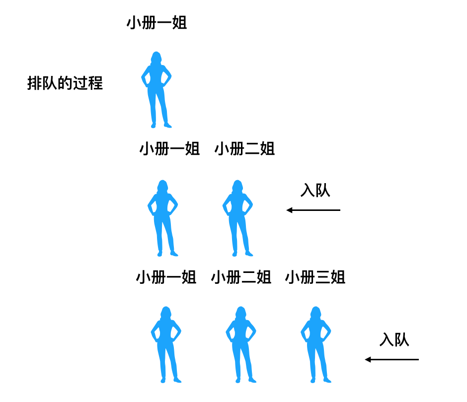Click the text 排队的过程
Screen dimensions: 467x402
coord(65,83)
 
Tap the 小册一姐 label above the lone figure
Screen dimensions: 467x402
coord(157,23)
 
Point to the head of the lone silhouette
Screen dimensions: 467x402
coord(156,58)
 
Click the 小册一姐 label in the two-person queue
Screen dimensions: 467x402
coord(169,149)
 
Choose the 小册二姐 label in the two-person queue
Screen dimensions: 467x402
coord(244,149)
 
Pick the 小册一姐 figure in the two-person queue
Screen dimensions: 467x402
coord(163,218)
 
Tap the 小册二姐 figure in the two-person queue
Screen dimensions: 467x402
coord(237,218)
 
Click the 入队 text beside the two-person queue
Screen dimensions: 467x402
coord(315,191)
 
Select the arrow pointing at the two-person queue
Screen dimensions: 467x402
coord(313,210)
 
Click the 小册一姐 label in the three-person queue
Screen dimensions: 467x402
coord(166,277)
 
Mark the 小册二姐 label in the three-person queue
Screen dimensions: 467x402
coord(241,277)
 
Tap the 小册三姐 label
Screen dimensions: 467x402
coord(315,277)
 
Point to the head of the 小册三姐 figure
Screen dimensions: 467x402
coord(315,313)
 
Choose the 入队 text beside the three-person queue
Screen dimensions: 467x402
coord(394,340)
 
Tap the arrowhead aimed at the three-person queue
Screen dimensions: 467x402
coord(368,359)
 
